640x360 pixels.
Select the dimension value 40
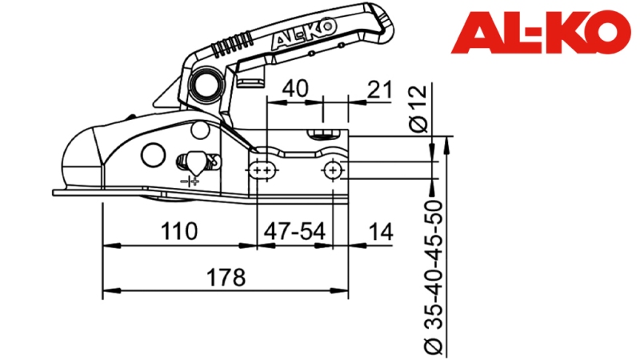tap(295, 89)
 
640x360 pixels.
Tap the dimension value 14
tap(382, 232)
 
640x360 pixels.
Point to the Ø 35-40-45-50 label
tap(433, 276)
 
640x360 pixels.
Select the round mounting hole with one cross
tap(334, 170)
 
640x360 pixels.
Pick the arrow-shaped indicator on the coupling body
tap(194, 162)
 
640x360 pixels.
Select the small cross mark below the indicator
tap(191, 182)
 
